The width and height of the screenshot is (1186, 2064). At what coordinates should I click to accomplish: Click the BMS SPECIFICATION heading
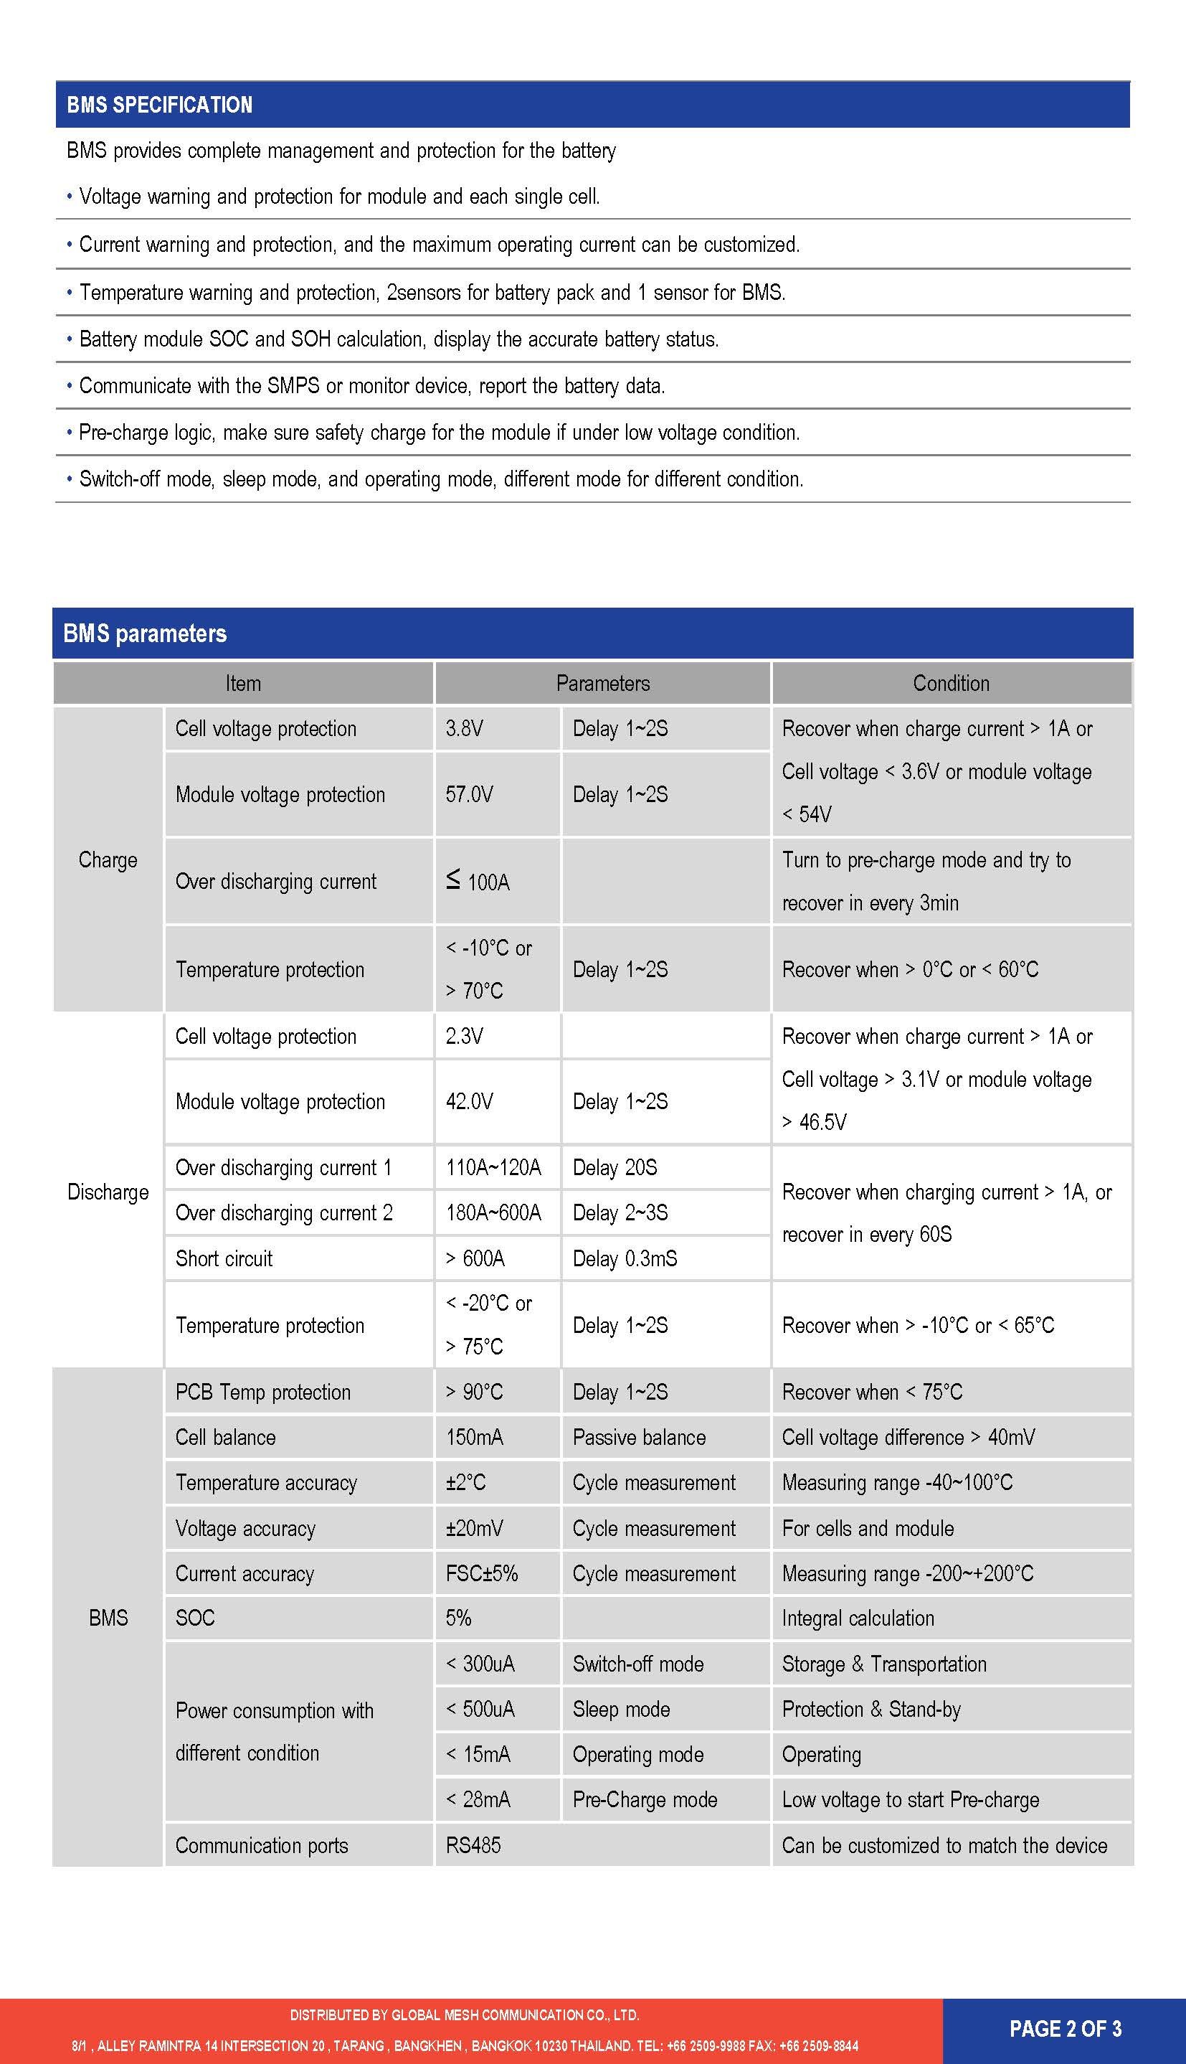tap(160, 105)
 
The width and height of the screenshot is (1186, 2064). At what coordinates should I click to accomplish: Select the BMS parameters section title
tap(145, 634)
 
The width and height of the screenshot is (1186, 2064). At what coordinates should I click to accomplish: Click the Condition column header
tap(951, 684)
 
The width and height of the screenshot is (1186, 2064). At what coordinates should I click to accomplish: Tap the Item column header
tap(243, 684)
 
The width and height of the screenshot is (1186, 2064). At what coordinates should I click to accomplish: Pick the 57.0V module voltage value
tap(469, 794)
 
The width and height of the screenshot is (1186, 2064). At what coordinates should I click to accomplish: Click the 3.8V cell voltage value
tap(465, 728)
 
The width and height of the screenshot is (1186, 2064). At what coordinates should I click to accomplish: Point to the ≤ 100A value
tap(478, 882)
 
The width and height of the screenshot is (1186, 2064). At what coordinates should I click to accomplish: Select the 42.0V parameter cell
tap(469, 1102)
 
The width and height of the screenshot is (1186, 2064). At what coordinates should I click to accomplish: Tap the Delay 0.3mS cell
tap(625, 1259)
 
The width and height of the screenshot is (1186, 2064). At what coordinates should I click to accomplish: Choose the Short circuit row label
tap(224, 1259)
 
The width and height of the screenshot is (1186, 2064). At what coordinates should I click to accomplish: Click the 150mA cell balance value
tap(474, 1438)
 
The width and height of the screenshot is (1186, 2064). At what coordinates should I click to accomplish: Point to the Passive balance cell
tap(640, 1438)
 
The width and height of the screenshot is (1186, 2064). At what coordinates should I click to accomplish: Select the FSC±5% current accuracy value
tap(481, 1573)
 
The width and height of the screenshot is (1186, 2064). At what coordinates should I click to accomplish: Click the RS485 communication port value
tap(473, 1846)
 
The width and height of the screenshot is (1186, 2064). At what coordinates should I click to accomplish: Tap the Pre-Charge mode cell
tap(645, 1799)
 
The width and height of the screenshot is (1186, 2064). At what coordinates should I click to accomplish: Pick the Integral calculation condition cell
tap(858, 1618)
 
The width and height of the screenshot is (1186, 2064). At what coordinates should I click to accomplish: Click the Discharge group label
tap(108, 1192)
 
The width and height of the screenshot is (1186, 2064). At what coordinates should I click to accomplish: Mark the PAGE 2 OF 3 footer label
tap(1066, 2028)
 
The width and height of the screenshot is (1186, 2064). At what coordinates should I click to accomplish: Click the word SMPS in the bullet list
tap(293, 385)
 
